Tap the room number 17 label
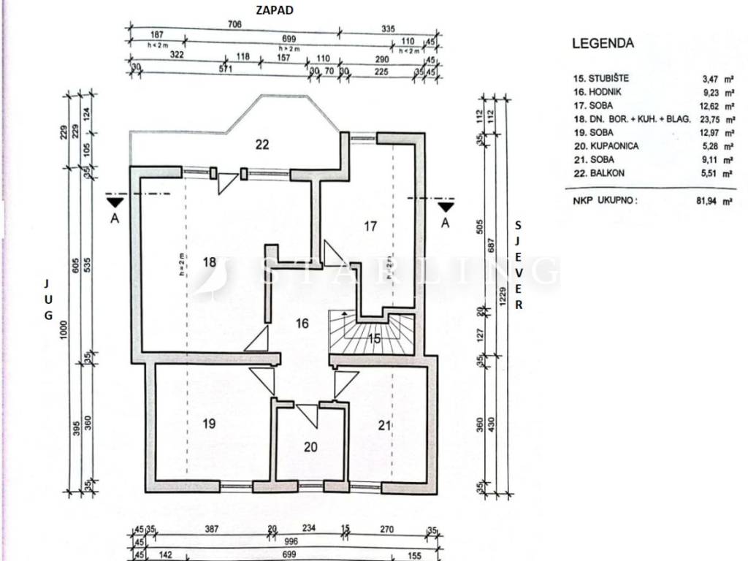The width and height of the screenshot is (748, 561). (370, 226)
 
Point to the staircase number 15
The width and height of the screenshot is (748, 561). (373, 338)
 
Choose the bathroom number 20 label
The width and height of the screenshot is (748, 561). (310, 447)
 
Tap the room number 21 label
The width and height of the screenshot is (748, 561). (385, 425)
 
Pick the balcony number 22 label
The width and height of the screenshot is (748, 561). (262, 145)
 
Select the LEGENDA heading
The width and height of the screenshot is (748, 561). (603, 43)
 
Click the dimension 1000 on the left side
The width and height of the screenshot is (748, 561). (64, 332)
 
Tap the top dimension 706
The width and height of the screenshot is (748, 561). (235, 24)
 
